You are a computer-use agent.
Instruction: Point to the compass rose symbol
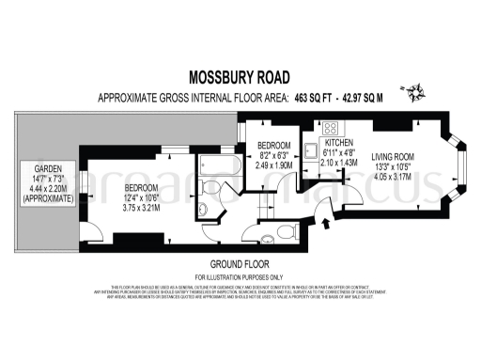click(413, 91)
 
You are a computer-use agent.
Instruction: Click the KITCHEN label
click(339, 143)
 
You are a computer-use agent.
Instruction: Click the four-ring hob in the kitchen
click(331, 128)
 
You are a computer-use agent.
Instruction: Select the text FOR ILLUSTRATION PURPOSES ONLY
click(240, 278)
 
